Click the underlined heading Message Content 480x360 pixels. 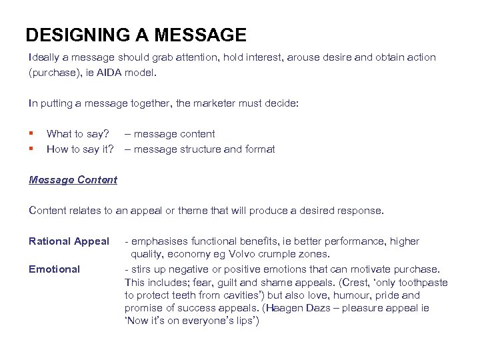point(73,179)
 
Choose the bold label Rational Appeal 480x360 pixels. point(69,241)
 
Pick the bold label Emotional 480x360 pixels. point(54,269)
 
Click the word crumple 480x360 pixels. point(296,254)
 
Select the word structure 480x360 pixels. point(199,149)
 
